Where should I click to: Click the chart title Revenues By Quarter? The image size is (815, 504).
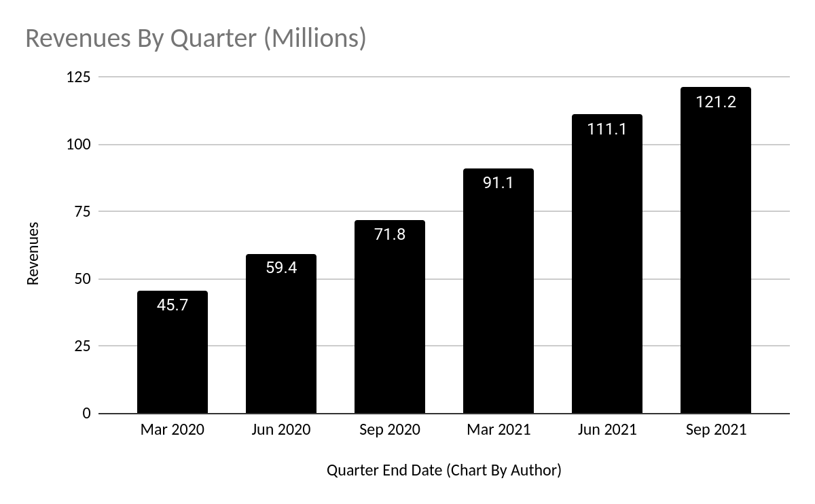pyautogui.click(x=196, y=39)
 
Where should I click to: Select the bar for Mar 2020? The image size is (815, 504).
pyautogui.click(x=173, y=360)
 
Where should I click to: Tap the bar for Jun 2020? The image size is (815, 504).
pyautogui.click(x=281, y=340)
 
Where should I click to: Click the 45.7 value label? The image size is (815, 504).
pyautogui.click(x=173, y=305)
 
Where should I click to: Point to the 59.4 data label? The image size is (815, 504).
pyautogui.click(x=281, y=268)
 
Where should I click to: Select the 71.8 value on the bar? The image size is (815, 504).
pyautogui.click(x=390, y=234)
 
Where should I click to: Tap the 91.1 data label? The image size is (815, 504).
pyautogui.click(x=499, y=183)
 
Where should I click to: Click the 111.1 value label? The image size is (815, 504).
pyautogui.click(x=607, y=128)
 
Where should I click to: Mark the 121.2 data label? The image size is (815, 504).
pyautogui.click(x=716, y=103)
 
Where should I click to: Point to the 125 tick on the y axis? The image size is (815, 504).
pyautogui.click(x=78, y=77)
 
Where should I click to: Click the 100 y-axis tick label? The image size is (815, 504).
pyautogui.click(x=78, y=145)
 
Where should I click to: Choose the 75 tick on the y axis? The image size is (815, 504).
pyautogui.click(x=82, y=211)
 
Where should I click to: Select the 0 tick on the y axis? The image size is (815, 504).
pyautogui.click(x=86, y=413)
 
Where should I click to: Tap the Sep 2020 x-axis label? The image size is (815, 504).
pyautogui.click(x=390, y=430)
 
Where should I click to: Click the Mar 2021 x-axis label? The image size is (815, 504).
pyautogui.click(x=499, y=430)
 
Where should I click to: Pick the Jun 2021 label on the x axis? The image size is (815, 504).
pyautogui.click(x=607, y=430)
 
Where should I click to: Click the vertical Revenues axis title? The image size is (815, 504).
pyautogui.click(x=33, y=253)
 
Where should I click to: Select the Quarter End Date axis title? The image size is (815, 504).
pyautogui.click(x=444, y=470)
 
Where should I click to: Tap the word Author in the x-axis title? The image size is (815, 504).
pyautogui.click(x=535, y=470)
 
